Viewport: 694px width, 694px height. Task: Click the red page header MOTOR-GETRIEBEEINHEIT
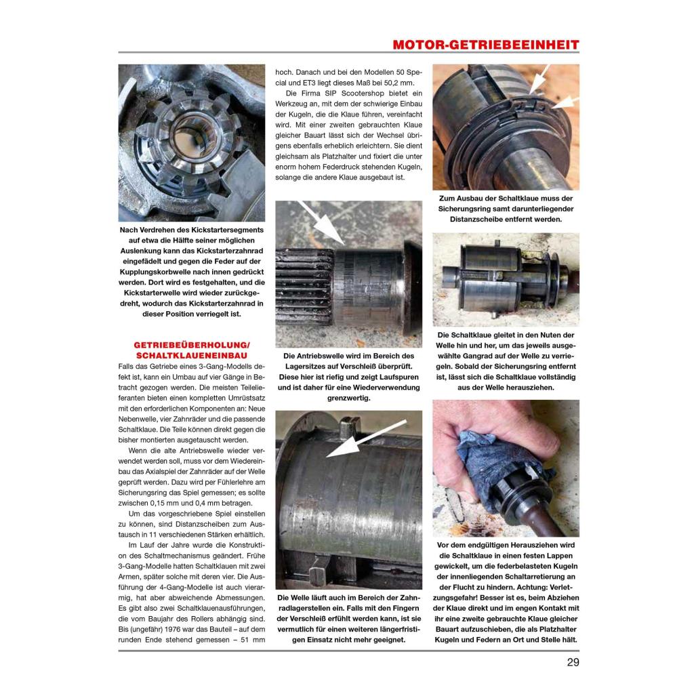point(485,45)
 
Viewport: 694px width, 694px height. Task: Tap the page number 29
point(573,662)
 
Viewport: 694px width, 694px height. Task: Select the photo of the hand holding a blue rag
point(506,468)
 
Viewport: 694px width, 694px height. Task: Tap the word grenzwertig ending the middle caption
point(348,398)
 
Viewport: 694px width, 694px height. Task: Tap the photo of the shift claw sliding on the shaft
point(506,279)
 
